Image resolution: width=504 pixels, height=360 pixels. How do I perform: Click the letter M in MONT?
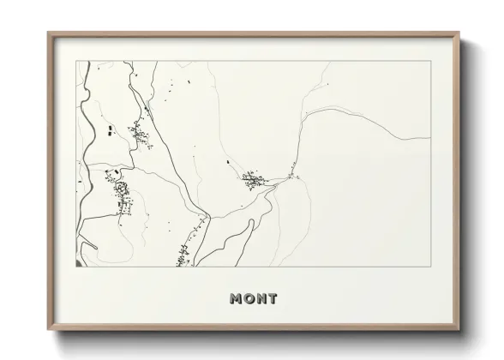click(237, 298)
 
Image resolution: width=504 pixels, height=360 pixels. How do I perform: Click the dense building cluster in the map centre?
click(254, 180)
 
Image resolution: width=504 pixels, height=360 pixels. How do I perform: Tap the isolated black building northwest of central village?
click(227, 161)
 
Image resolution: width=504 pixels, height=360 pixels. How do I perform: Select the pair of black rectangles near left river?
click(111, 130)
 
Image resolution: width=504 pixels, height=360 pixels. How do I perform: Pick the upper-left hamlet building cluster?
click(137, 132)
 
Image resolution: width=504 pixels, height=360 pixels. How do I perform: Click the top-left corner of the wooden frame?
click(49, 33)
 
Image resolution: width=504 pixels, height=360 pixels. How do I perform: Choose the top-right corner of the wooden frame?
click(459, 33)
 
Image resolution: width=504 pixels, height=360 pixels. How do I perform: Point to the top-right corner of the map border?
click(429, 62)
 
